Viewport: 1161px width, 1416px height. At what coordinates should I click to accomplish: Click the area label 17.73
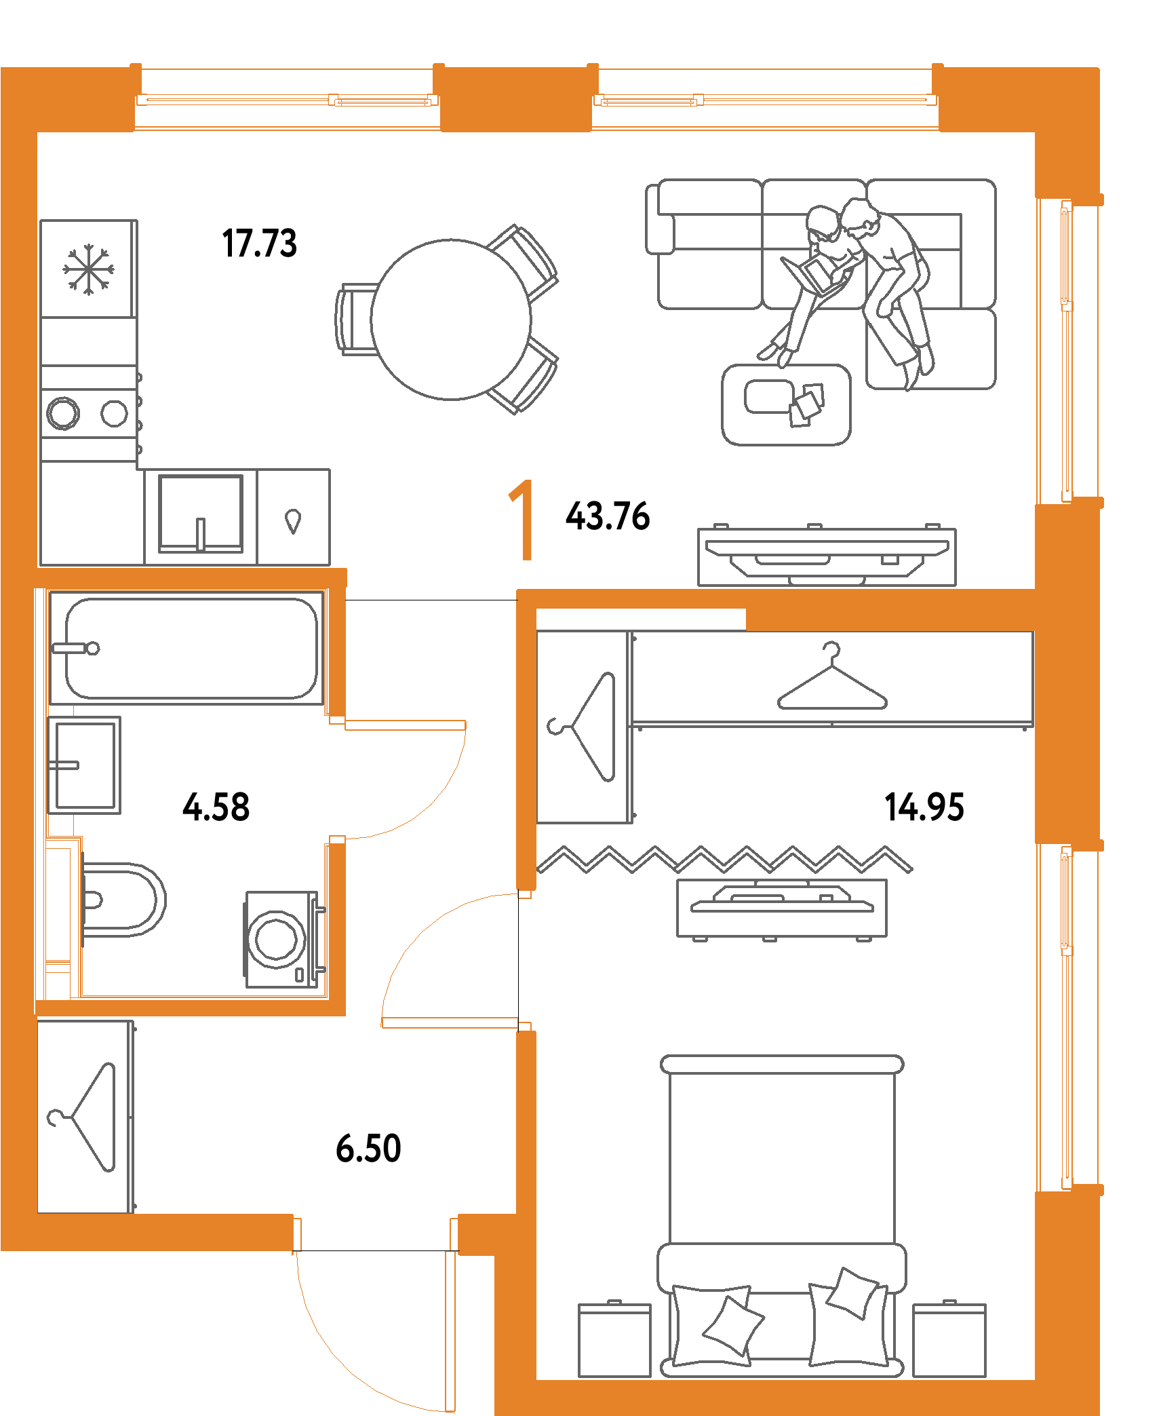(259, 244)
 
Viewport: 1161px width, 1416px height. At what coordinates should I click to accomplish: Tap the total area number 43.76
(608, 516)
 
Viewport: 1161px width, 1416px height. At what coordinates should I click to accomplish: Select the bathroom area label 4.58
(216, 807)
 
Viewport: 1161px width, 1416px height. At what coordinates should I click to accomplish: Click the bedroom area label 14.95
(924, 807)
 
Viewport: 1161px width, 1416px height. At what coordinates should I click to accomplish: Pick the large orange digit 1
(522, 520)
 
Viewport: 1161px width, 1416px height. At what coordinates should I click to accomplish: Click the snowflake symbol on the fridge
(88, 269)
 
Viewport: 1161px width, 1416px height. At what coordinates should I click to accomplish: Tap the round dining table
(451, 320)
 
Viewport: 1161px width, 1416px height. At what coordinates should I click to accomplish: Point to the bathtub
(186, 648)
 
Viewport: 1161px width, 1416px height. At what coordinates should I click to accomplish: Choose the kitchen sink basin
(201, 514)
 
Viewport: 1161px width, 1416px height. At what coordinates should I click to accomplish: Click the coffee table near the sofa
(787, 405)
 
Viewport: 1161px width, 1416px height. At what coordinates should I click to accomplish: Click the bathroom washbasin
(84, 765)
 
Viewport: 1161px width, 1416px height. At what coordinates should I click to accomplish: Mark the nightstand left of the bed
(614, 1340)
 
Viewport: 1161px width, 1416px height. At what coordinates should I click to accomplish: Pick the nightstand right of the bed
(949, 1340)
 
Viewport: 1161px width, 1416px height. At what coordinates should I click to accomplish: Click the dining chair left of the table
(356, 319)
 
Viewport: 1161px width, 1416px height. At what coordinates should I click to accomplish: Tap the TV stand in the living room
(827, 556)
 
